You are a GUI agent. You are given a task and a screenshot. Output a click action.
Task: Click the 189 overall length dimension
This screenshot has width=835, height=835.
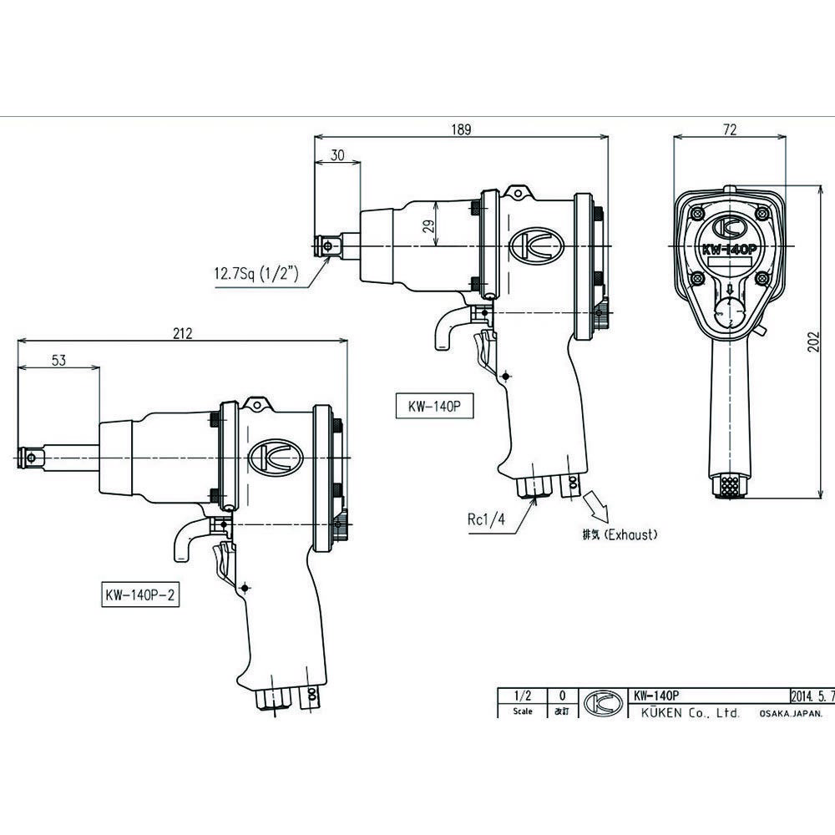coord(461,129)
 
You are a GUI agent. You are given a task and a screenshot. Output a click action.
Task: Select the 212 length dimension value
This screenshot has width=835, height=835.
coord(183,333)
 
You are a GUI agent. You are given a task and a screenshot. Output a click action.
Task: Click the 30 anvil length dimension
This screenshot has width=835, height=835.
coord(338,154)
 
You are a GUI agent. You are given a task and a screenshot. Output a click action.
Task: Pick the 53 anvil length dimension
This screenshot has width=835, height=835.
coord(58,360)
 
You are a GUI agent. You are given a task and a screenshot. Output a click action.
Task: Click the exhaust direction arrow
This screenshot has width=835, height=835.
coord(598,505)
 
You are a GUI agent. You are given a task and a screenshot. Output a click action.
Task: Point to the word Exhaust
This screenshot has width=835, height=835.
coord(631,534)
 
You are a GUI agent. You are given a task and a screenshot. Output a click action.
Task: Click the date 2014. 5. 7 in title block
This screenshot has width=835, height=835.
coord(811,695)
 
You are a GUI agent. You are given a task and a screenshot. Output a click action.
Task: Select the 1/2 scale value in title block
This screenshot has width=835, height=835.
coord(523,695)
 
